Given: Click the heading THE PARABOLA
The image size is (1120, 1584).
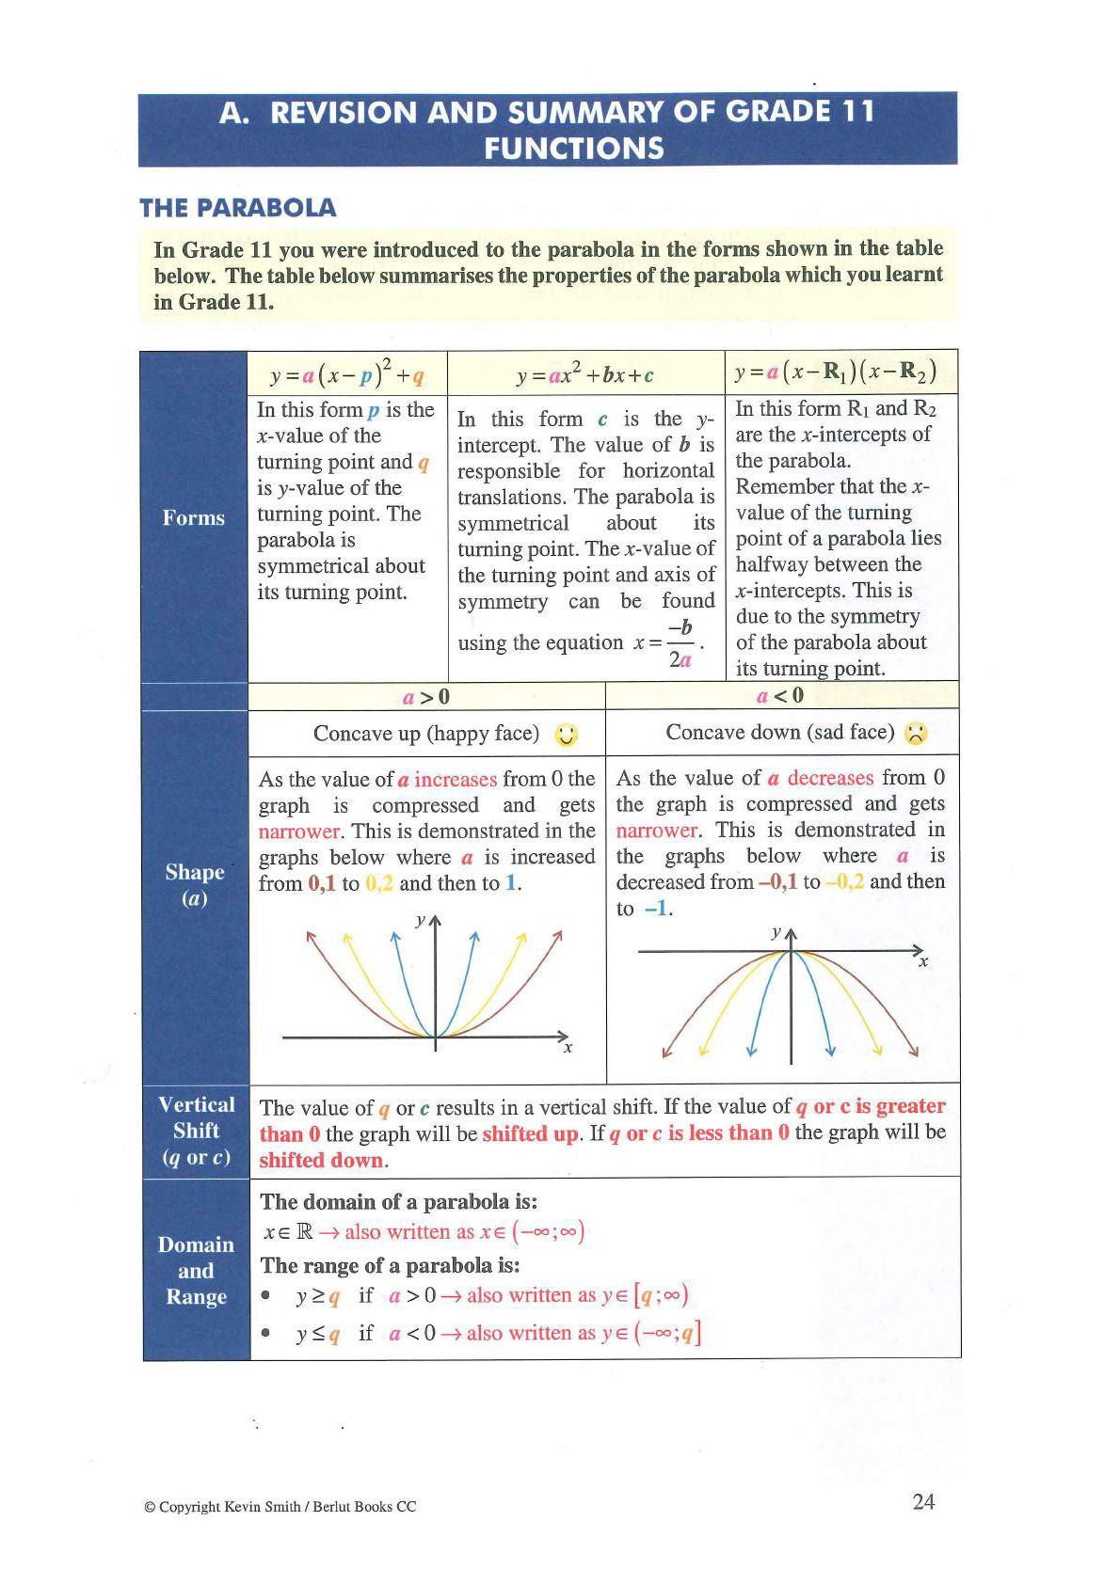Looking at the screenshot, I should pos(237,208).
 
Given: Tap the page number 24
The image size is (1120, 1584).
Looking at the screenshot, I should pos(923,1501).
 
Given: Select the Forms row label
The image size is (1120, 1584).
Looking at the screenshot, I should pos(194,518).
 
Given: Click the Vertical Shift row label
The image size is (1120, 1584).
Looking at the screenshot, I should pos(196,1131).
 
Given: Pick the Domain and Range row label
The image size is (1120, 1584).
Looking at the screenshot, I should pos(196,1271).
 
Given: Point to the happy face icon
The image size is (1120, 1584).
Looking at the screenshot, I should pos(567,736).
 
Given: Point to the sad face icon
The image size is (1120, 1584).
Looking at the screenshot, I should pos(916,734).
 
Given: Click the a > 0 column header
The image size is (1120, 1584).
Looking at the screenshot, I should pos(426,697).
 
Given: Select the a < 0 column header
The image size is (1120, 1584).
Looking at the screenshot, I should pos(780,696).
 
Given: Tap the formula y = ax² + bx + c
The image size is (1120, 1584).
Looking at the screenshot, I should pos(585,375).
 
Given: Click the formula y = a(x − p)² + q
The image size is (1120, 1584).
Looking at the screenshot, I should pos(346,374).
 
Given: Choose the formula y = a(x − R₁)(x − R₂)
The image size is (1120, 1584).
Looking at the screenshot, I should pos(835,372).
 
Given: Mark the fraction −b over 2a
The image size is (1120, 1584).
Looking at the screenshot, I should pos(680,644).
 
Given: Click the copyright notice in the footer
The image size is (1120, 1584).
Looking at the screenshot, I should pos(280,1507).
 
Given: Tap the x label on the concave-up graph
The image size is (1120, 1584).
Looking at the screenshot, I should pos(568,1048).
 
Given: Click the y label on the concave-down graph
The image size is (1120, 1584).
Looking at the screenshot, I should pos(776,933).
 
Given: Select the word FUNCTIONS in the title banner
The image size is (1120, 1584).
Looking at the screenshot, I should pos(573,149).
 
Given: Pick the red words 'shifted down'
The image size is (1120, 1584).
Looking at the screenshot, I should pos(322,1161).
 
